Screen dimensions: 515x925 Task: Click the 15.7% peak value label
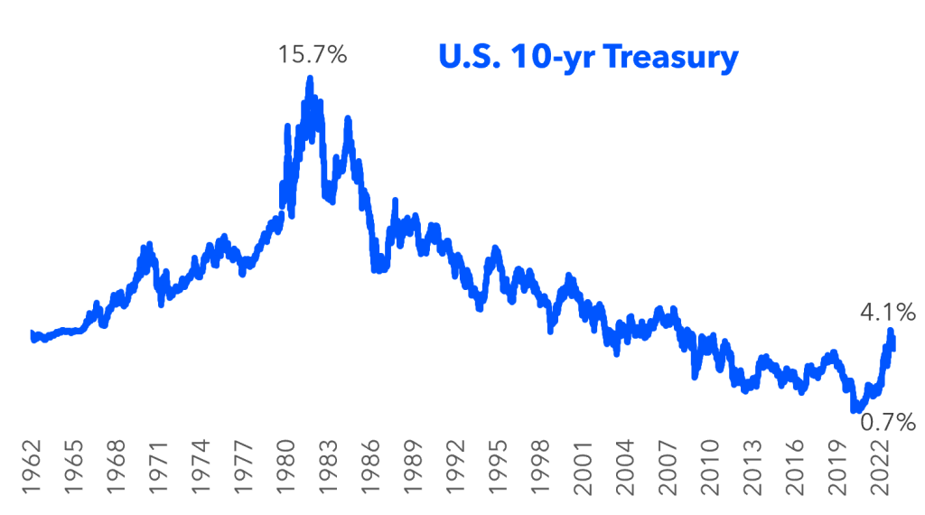pyautogui.click(x=313, y=55)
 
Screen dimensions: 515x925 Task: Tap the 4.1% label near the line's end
pyautogui.click(x=887, y=314)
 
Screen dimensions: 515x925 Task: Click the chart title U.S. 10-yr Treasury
pyautogui.click(x=588, y=57)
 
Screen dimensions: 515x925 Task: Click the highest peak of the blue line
pyautogui.click(x=310, y=80)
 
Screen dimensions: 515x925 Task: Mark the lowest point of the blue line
pyautogui.click(x=855, y=410)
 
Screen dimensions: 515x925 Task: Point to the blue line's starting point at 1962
pyautogui.click(x=33, y=335)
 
